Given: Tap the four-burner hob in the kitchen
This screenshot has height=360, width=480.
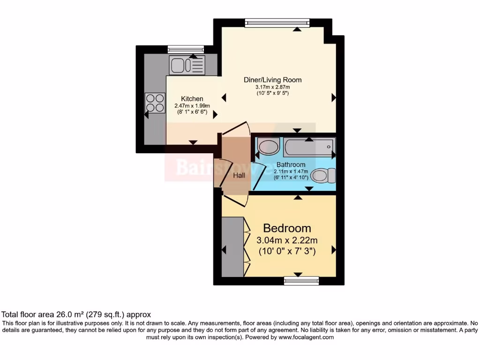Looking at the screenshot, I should click(155, 103).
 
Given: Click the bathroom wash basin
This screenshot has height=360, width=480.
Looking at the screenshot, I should click(268, 147).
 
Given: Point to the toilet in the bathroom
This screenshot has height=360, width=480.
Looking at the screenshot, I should click(323, 176).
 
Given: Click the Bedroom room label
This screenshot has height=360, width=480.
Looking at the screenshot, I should click(287, 228).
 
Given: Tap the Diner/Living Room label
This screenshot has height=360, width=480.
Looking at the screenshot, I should click(272, 80).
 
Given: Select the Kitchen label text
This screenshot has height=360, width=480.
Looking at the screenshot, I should click(192, 99).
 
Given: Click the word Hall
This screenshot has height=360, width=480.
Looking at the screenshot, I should click(239, 175).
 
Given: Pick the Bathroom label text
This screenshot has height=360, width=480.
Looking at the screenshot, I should click(291, 165).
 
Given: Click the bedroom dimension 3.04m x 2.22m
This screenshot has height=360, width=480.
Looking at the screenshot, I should click(287, 240).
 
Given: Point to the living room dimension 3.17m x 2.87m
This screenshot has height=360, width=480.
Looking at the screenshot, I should click(272, 87).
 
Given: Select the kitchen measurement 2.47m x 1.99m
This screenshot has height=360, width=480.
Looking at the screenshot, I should click(192, 106).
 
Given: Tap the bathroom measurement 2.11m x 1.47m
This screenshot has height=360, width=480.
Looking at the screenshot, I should click(291, 172).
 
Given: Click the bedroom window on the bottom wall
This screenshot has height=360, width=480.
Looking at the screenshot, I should click(301, 280).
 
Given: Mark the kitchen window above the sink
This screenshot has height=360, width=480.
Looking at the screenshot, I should click(186, 49).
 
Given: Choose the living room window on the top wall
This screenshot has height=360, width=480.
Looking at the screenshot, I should click(277, 22).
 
